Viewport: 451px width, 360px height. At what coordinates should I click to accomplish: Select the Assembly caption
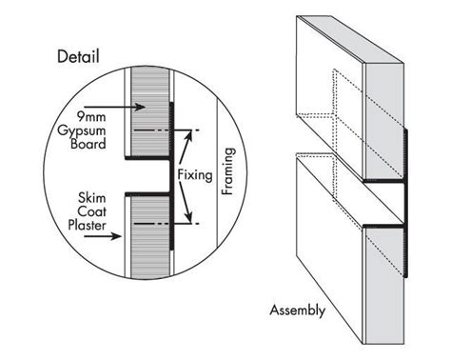pos(298,310)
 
